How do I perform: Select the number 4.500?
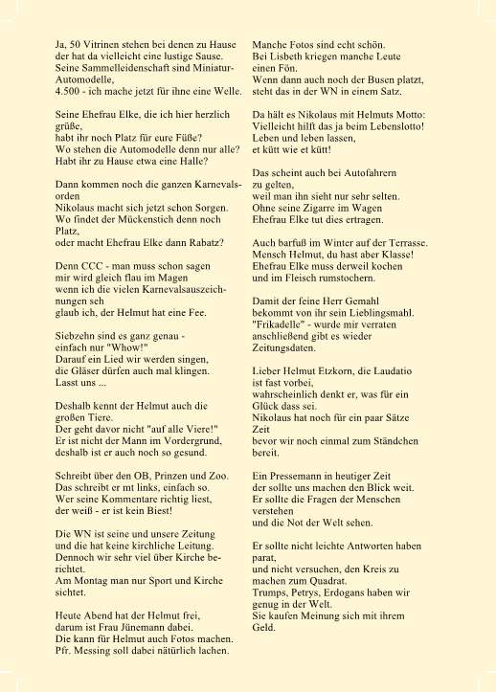70,90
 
